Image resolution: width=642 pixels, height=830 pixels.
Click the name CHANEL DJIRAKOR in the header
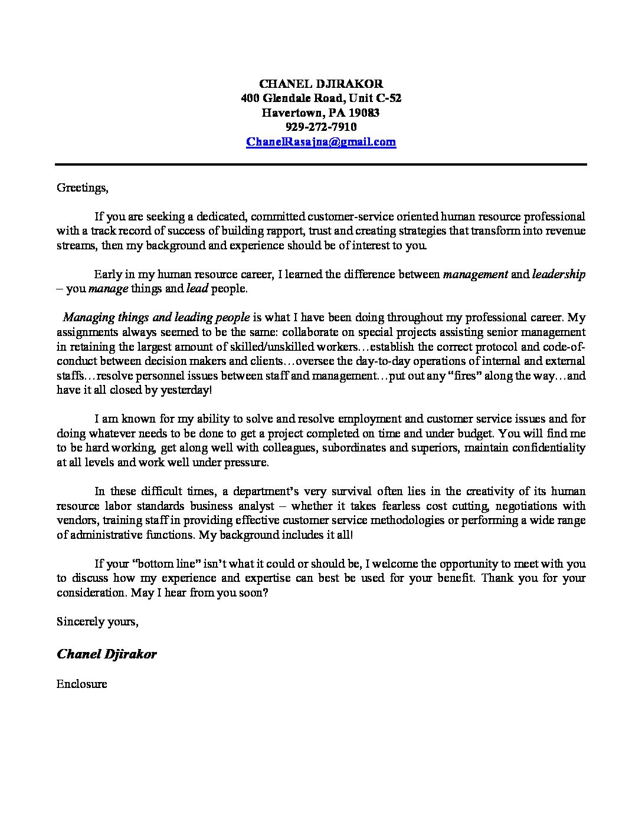pyautogui.click(x=321, y=84)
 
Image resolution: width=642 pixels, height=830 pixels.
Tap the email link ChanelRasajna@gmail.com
pyautogui.click(x=321, y=141)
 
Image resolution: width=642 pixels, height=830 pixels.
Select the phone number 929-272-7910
pyautogui.click(x=321, y=127)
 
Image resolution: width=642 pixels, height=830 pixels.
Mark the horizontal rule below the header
pyautogui.click(x=321, y=164)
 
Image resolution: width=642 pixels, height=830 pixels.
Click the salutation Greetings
pyautogui.click(x=82, y=188)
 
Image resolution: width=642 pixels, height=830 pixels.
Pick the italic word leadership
pyautogui.click(x=559, y=274)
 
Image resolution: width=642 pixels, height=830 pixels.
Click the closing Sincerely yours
pyautogui.click(x=97, y=621)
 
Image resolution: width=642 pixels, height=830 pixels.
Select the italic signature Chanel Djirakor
pyautogui.click(x=107, y=654)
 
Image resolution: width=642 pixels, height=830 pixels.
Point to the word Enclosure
pyautogui.click(x=82, y=684)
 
